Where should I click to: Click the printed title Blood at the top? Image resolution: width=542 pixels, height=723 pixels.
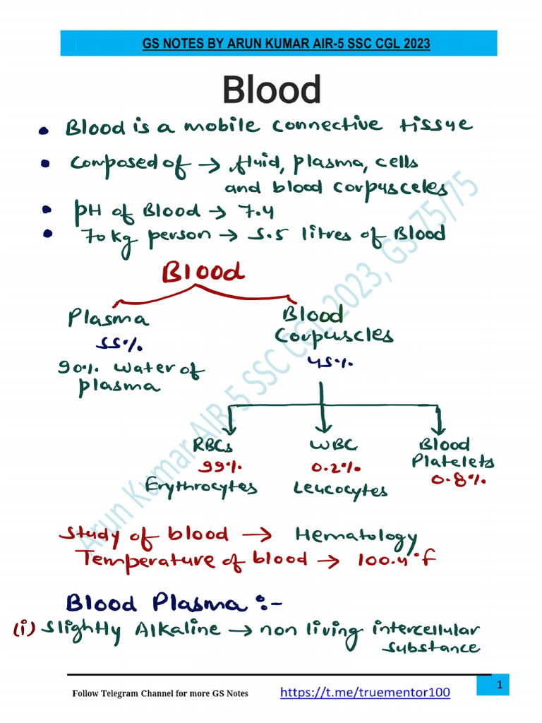point(272,90)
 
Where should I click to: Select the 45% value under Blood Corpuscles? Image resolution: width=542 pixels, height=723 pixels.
point(327,361)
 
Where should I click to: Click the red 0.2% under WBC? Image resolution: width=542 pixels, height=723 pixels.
point(336,467)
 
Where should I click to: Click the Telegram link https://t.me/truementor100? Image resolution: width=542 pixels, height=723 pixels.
point(365,693)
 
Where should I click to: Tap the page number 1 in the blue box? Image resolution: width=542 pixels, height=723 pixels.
point(498,686)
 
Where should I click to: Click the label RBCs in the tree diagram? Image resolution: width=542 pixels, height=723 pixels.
point(212,446)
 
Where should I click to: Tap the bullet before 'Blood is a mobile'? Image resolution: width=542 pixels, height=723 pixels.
point(44,131)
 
